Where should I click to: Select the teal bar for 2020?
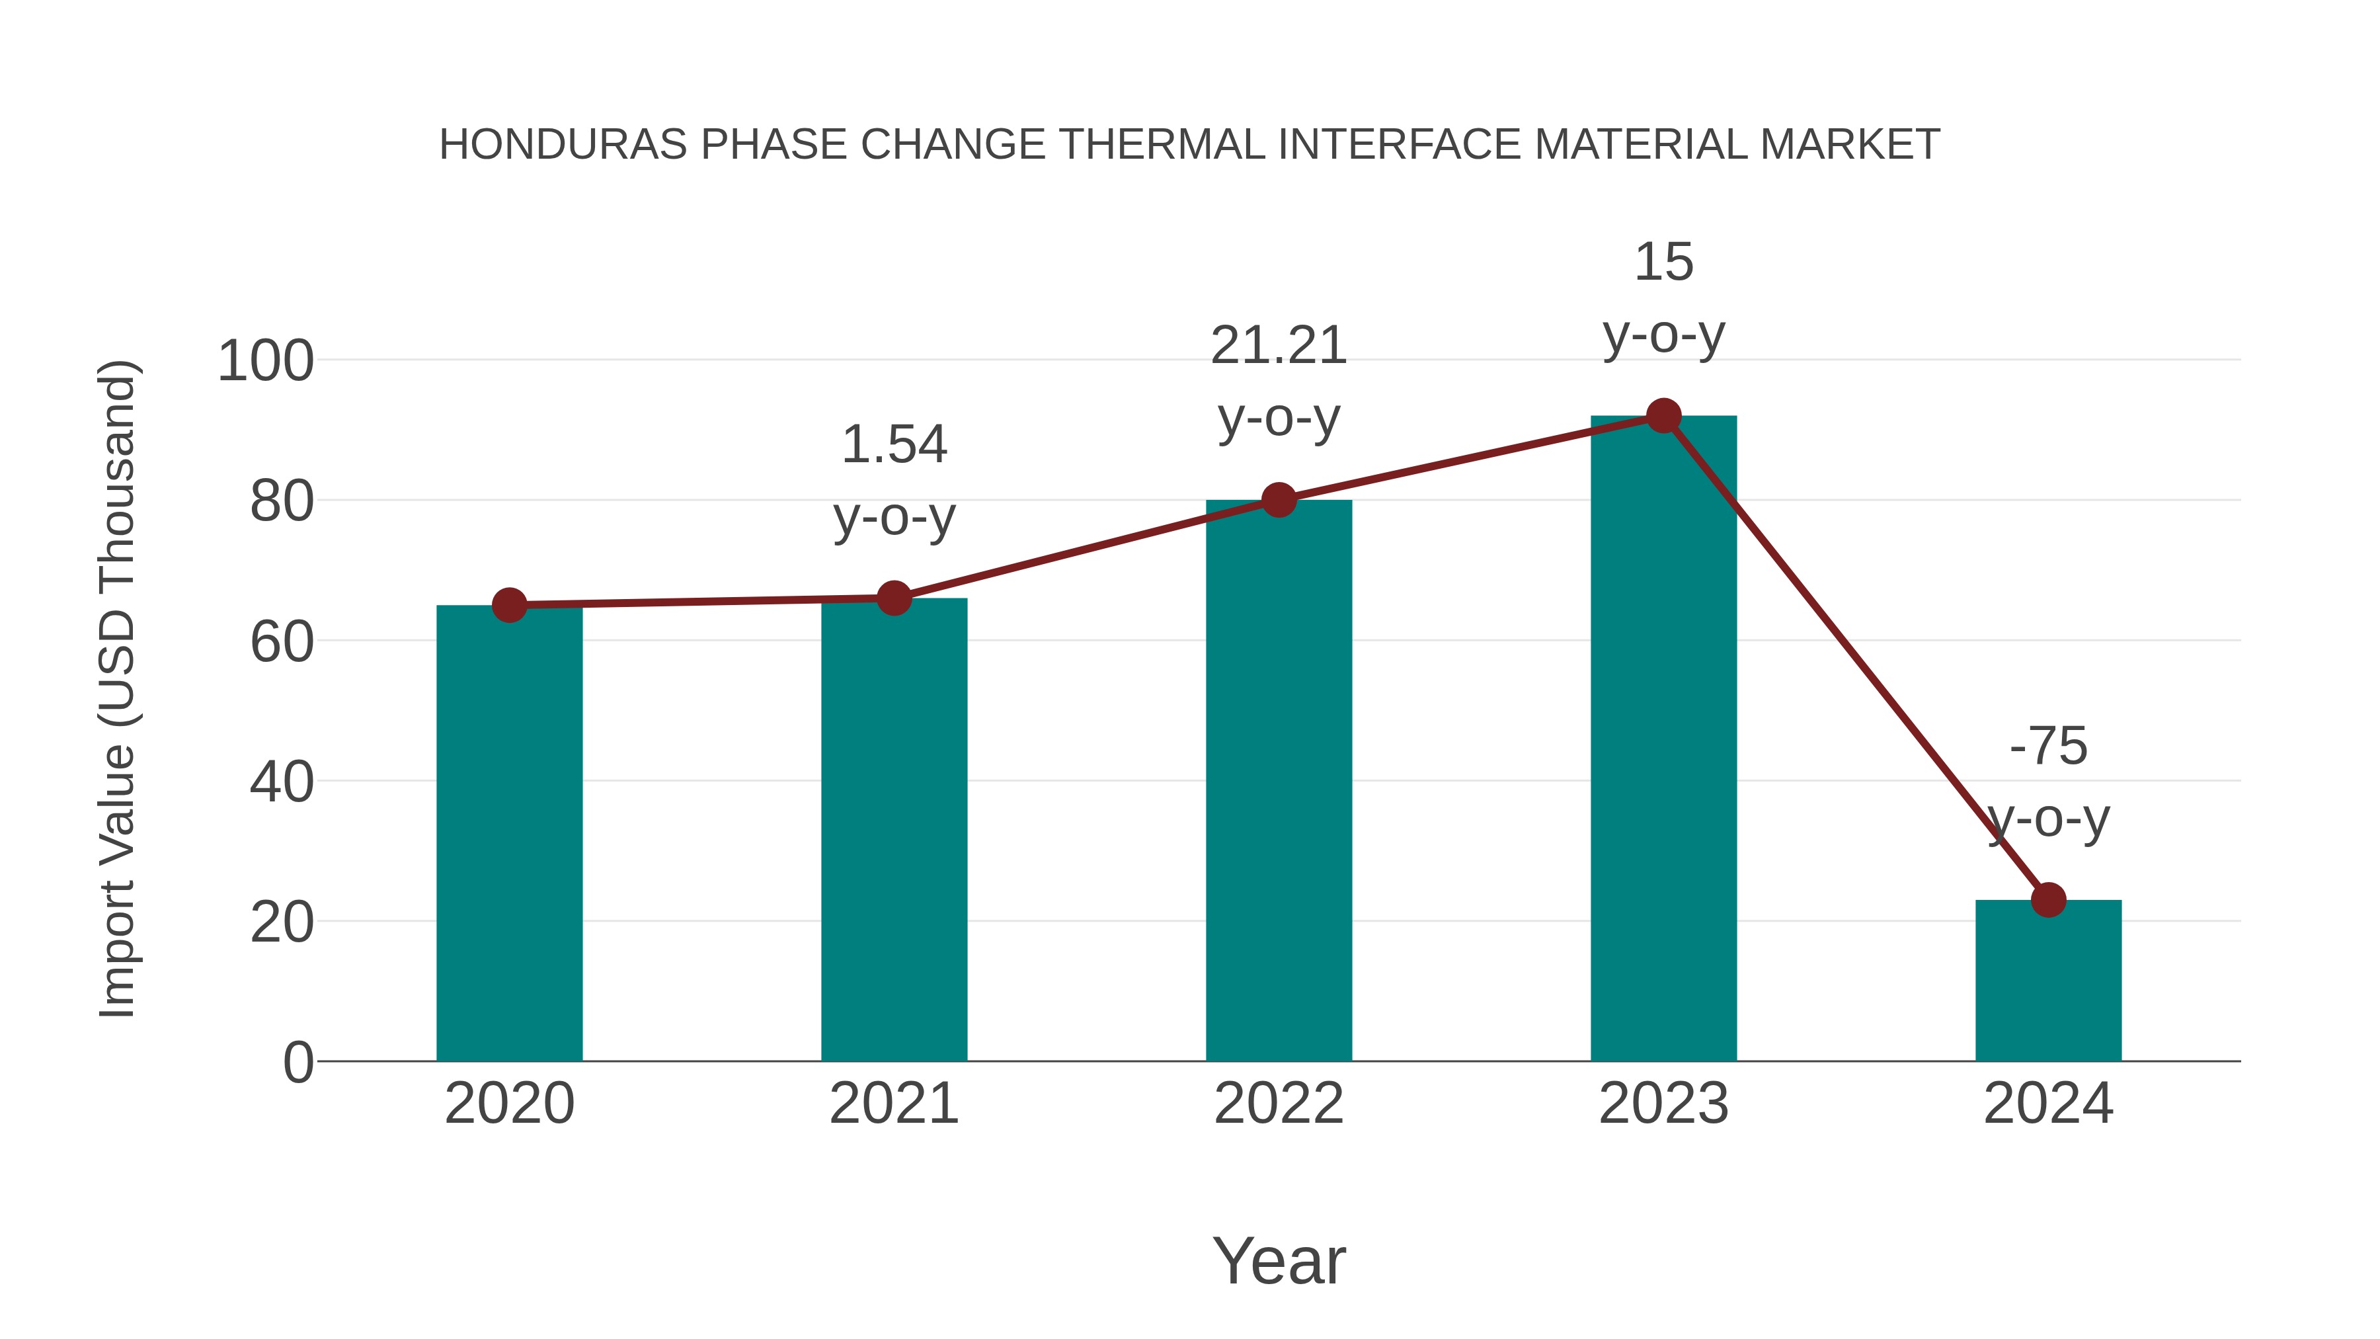coord(509,832)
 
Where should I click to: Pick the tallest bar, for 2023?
coord(1663,739)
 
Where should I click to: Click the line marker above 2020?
coord(509,605)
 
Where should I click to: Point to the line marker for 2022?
coord(1279,500)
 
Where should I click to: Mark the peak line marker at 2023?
coord(1663,416)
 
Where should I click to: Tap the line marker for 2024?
coord(2048,899)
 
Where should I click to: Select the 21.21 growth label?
coord(1279,346)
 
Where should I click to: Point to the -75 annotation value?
coord(2048,747)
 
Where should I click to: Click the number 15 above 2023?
coord(1663,263)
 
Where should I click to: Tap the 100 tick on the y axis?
coord(265,361)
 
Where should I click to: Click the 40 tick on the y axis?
coord(281,783)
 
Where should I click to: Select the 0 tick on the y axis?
coord(297,1063)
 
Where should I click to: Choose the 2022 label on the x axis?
coord(1279,1104)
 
